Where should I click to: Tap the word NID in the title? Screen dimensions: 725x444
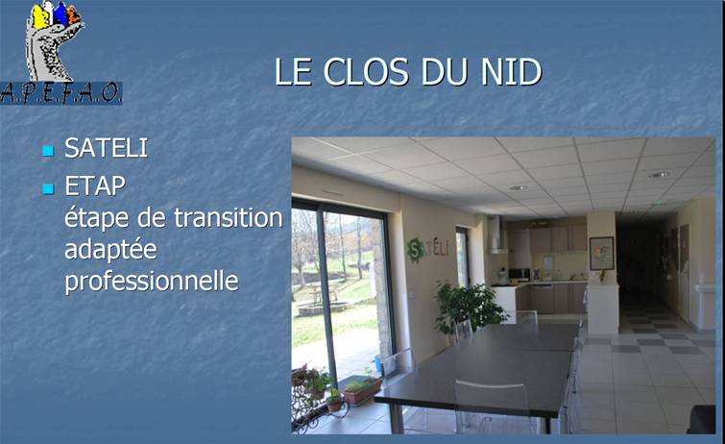(511, 72)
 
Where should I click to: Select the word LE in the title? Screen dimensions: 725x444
(293, 72)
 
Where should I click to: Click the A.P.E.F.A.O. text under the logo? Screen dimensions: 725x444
(61, 93)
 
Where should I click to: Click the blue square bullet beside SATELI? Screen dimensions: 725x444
(49, 151)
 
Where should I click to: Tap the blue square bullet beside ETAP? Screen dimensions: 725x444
(49, 189)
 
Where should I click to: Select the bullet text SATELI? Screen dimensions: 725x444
(107, 148)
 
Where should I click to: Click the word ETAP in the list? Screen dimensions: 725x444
(95, 186)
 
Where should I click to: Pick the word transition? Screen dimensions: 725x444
(229, 217)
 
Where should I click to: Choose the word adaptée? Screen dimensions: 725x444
(111, 250)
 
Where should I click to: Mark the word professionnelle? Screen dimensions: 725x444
(152, 281)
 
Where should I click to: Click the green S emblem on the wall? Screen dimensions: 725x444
(415, 250)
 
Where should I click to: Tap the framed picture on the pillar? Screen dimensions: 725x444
(601, 254)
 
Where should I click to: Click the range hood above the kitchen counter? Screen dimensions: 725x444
(497, 234)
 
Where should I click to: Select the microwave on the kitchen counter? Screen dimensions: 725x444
(520, 275)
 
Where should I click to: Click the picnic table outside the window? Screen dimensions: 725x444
(324, 292)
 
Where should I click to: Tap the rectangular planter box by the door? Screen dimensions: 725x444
(362, 392)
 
